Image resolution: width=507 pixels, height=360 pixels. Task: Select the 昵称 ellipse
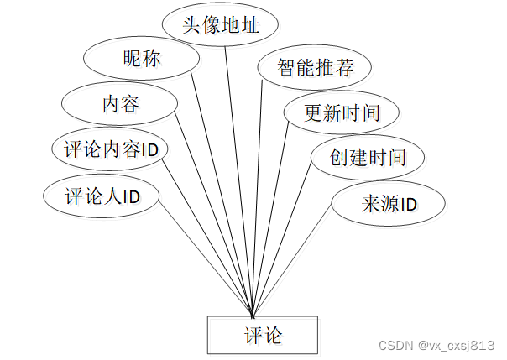[x=141, y=60]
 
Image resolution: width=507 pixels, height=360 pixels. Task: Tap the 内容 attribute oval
[x=120, y=104]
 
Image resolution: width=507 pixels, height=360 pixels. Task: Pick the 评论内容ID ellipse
[x=110, y=150]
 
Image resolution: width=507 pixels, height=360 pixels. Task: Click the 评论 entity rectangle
[x=262, y=335]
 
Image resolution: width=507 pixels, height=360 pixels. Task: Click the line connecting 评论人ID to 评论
[x=201, y=252]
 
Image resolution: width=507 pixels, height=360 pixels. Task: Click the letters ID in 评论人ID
[x=129, y=197]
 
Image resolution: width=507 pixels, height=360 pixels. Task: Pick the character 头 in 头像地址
[x=192, y=24]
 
